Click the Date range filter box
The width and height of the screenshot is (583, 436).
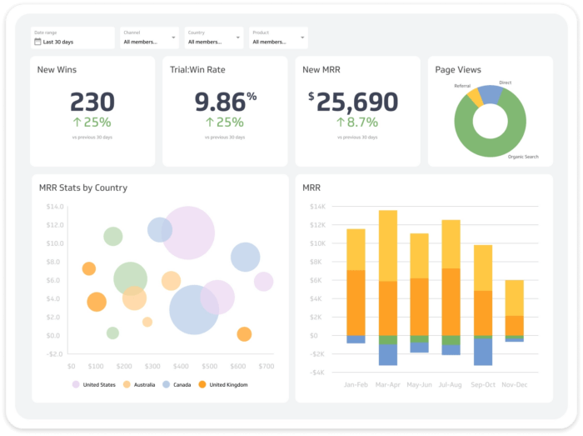(x=72, y=38)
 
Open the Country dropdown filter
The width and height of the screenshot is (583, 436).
(x=214, y=38)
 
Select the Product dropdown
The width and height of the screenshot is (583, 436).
(x=278, y=38)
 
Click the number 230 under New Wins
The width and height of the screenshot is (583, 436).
(x=92, y=102)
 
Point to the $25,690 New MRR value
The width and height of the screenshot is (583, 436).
(x=353, y=102)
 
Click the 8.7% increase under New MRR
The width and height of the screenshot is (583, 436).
(x=357, y=123)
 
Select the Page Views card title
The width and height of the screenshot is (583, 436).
(x=458, y=70)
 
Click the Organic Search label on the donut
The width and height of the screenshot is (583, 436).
(x=523, y=156)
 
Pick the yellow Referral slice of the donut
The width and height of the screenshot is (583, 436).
(x=476, y=97)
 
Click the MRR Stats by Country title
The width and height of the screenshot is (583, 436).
(x=83, y=188)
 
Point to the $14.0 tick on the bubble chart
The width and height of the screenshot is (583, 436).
(x=54, y=206)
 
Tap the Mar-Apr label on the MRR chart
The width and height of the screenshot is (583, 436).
(x=387, y=384)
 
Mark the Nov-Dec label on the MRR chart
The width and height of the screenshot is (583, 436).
(x=515, y=384)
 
